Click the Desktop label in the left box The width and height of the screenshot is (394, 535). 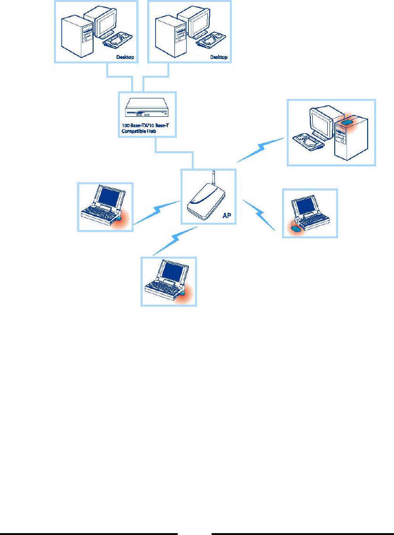[x=125, y=57]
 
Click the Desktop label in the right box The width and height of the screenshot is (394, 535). [x=218, y=57]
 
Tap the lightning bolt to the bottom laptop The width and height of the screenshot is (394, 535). [x=174, y=240]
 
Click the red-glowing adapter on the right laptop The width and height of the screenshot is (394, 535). [x=296, y=228]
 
